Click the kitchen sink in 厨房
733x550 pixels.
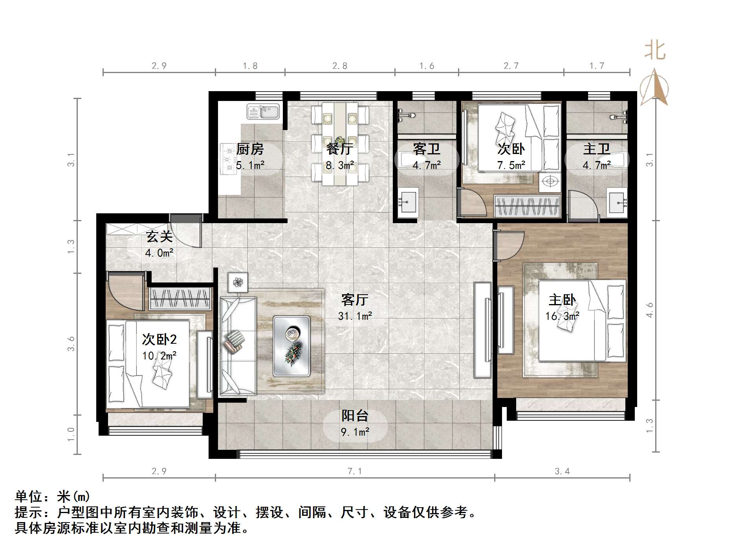[x=263, y=112]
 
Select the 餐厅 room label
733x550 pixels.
[x=339, y=149]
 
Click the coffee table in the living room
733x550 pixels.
[x=291, y=346]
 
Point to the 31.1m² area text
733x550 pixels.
[x=355, y=316]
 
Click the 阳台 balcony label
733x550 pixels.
[x=355, y=416]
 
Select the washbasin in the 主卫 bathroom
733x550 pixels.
[x=617, y=203]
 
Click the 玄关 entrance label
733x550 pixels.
[x=159, y=236]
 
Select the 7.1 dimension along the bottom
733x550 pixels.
[x=354, y=471]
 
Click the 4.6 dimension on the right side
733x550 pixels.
[x=650, y=310]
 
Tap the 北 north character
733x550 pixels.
[x=655, y=51]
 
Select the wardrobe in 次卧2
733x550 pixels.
[x=180, y=298]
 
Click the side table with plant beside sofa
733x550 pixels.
[x=238, y=282]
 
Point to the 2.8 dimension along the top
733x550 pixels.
[x=340, y=66]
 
